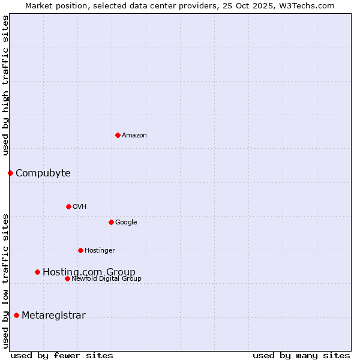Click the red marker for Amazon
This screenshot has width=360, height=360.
[x=118, y=135]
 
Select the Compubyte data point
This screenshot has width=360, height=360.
[x=10, y=173]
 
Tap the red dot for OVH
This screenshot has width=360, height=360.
[x=68, y=206]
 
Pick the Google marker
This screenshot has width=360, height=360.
[x=111, y=222]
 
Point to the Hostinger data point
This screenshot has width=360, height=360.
[x=80, y=250]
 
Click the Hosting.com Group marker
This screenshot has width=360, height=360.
[x=37, y=272]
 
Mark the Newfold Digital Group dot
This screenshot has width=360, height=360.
[x=67, y=278]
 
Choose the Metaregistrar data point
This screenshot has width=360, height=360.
[x=16, y=315]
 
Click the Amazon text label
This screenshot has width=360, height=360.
[x=134, y=136]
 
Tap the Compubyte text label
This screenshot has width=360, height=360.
[x=43, y=173]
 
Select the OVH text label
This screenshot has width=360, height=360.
[x=80, y=207]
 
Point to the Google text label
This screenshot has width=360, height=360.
[x=126, y=223]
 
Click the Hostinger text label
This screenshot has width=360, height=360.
[x=100, y=251]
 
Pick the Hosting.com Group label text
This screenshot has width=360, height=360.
[x=89, y=272]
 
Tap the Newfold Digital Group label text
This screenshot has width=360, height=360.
[x=107, y=279]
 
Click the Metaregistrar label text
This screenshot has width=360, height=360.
[x=53, y=316]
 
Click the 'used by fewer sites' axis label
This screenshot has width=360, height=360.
[x=62, y=355]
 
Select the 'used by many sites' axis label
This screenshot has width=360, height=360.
[x=301, y=355]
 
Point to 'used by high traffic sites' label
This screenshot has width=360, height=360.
[x=5, y=85]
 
